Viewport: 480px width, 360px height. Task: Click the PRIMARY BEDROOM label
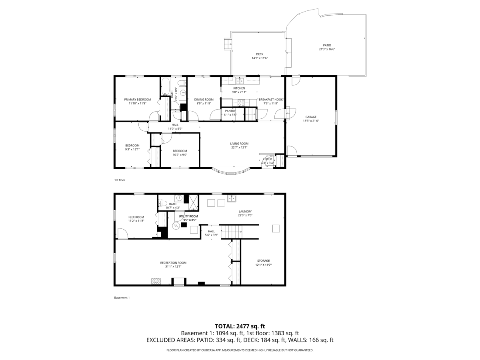pyautogui.click(x=137, y=100)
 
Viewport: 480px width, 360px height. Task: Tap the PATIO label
pyautogui.click(x=327, y=45)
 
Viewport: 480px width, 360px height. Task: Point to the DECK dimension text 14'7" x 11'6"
pyautogui.click(x=260, y=58)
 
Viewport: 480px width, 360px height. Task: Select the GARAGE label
pyautogui.click(x=311, y=117)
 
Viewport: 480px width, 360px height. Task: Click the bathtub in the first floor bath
pyautogui.click(x=165, y=86)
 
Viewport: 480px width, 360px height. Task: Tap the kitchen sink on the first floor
pyautogui.click(x=240, y=81)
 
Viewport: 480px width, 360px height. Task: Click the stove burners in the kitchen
pyautogui.click(x=241, y=103)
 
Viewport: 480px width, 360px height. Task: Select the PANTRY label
pyautogui.click(x=230, y=111)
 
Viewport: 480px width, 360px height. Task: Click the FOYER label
pyautogui.click(x=268, y=159)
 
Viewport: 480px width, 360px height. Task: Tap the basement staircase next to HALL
pyautogui.click(x=232, y=232)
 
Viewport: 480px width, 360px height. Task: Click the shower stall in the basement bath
pyautogui.click(x=193, y=202)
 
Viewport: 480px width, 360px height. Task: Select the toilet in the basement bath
pyautogui.click(x=162, y=203)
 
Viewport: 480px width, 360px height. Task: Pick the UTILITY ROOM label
pyautogui.click(x=188, y=216)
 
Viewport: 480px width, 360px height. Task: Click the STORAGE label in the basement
pyautogui.click(x=264, y=261)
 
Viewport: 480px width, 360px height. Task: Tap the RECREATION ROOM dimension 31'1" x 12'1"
pyautogui.click(x=173, y=266)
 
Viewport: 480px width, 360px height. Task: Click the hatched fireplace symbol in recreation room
pyautogui.click(x=156, y=281)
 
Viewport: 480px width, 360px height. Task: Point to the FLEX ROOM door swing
pyautogui.click(x=123, y=234)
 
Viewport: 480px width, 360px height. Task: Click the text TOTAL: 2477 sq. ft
pyautogui.click(x=240, y=326)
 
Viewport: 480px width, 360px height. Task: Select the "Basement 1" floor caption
pyautogui.click(x=122, y=298)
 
